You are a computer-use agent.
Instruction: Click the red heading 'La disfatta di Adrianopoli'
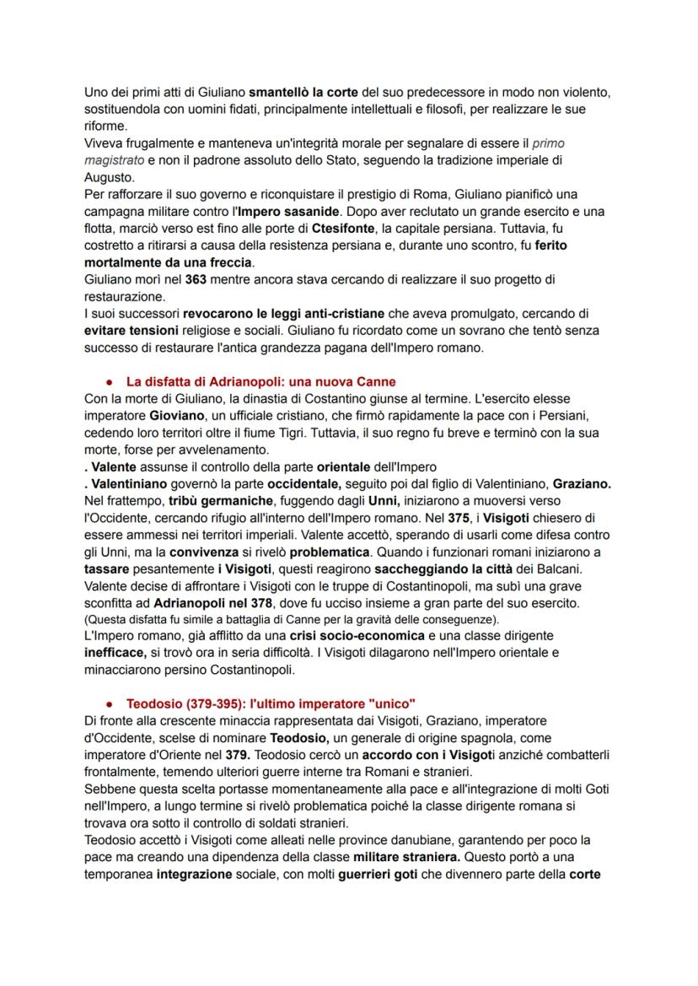pyautogui.click(x=260, y=381)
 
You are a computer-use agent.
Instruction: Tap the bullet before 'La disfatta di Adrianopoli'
pyautogui.click(x=110, y=381)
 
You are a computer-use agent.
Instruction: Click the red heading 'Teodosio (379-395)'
pyautogui.click(x=271, y=703)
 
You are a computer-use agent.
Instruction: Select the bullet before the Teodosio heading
pyautogui.click(x=110, y=703)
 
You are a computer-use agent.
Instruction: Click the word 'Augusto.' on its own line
pyautogui.click(x=110, y=176)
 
